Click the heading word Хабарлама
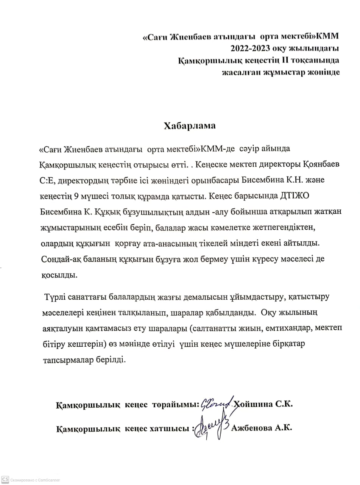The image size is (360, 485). [x=190, y=126]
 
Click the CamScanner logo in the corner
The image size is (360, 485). [x=5, y=479]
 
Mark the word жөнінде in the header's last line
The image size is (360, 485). [x=323, y=72]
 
